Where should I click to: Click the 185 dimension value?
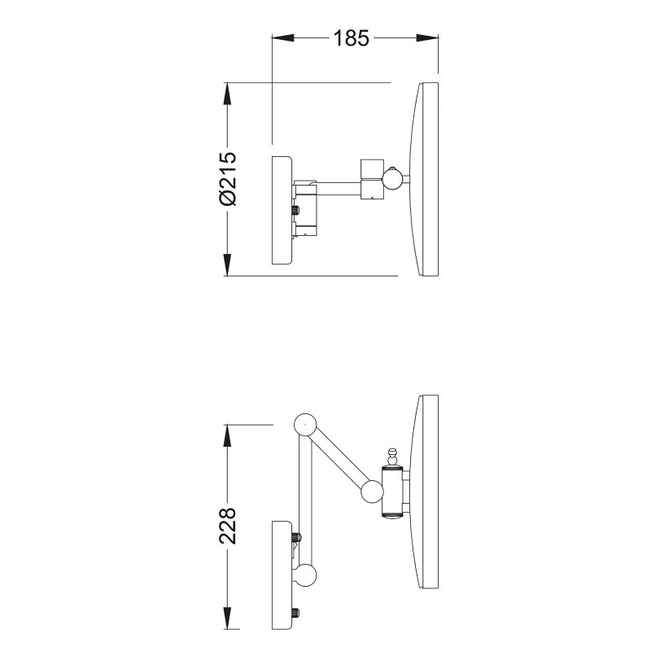pyautogui.click(x=351, y=37)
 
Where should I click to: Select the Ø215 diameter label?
pyautogui.click(x=228, y=178)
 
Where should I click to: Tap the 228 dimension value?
pyautogui.click(x=228, y=525)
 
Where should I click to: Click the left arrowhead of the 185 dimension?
pyautogui.click(x=282, y=37)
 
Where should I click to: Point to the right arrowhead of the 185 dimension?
pyautogui.click(x=427, y=37)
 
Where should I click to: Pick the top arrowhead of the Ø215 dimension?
pyautogui.click(x=227, y=94)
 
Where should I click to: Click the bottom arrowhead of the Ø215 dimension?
pyautogui.click(x=227, y=264)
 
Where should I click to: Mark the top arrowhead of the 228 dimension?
pyautogui.click(x=227, y=436)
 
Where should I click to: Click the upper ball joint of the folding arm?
pyautogui.click(x=305, y=425)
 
